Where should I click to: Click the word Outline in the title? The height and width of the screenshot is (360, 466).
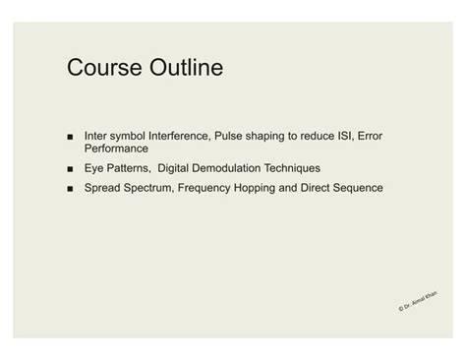click(x=185, y=68)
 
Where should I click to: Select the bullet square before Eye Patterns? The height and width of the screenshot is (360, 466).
click(x=72, y=168)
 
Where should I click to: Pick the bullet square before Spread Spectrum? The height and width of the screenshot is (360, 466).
click(x=72, y=187)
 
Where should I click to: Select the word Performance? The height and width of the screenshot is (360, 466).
click(x=116, y=149)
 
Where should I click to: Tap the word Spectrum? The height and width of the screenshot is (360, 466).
click(x=148, y=187)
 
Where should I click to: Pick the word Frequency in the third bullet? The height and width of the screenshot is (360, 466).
click(x=206, y=187)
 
